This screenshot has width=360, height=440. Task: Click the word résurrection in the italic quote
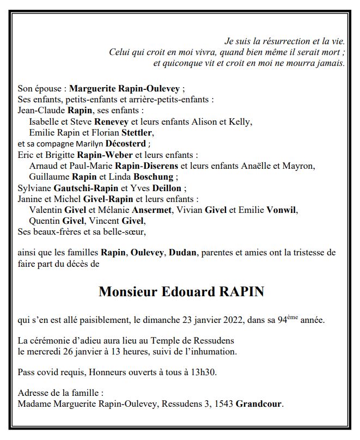coord(278,41)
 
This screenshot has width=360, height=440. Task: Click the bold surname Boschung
coord(154,176)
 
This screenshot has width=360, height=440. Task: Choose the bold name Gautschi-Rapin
coord(82,188)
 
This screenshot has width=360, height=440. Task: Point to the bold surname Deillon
coord(166,188)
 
